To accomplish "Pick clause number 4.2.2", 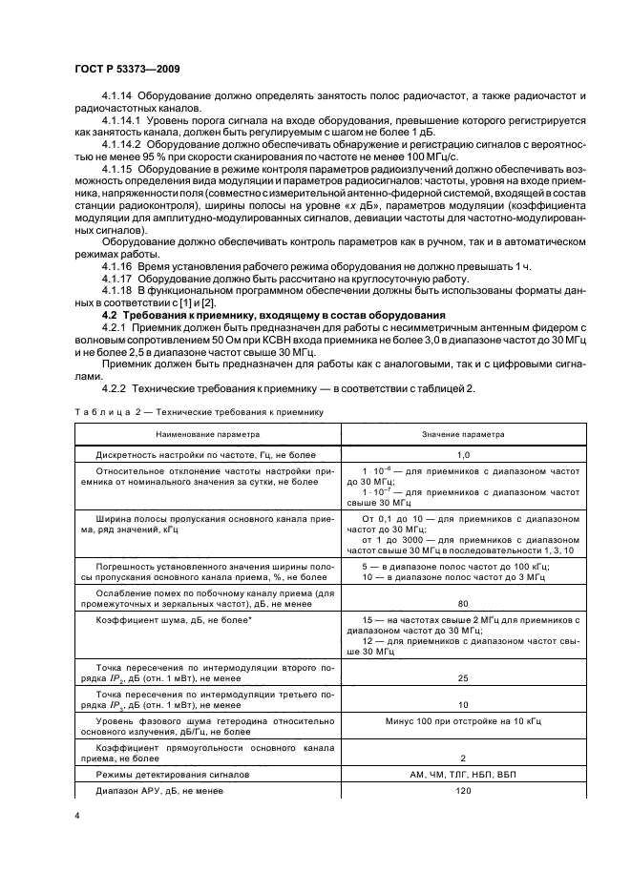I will [x=117, y=389].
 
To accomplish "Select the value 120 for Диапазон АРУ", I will [x=464, y=791].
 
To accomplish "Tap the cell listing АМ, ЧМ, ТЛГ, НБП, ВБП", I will [x=464, y=775].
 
